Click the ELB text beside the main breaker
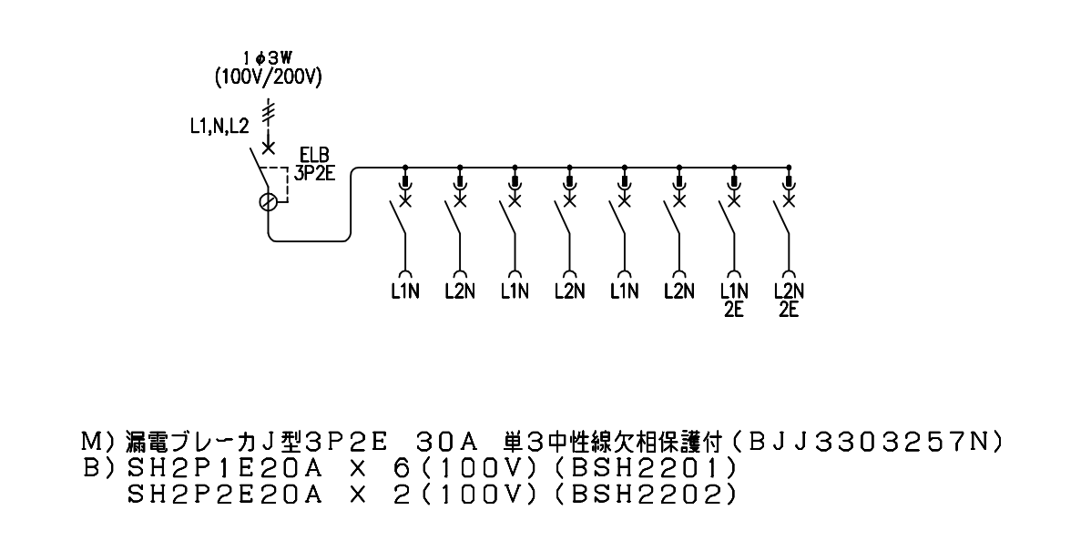pos(311,155)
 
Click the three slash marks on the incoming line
pos(268,111)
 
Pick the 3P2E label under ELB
pos(315,173)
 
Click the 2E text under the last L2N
pos(789,309)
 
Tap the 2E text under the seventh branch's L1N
pos(733,309)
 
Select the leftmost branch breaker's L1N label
pos(404,291)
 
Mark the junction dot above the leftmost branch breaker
pos(405,168)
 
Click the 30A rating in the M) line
pos(445,442)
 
